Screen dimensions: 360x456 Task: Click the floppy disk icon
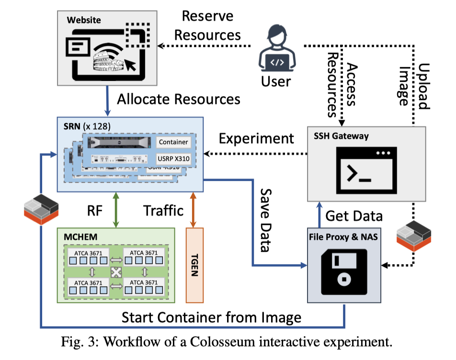point(344,271)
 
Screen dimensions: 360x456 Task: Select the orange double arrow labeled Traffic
point(193,209)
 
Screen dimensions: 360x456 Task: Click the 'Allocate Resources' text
point(179,99)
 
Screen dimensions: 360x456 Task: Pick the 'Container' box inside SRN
point(173,142)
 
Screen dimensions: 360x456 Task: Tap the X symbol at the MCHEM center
point(115,273)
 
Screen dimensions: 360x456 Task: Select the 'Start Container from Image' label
point(211,317)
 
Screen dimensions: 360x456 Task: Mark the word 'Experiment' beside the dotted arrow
point(256,138)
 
